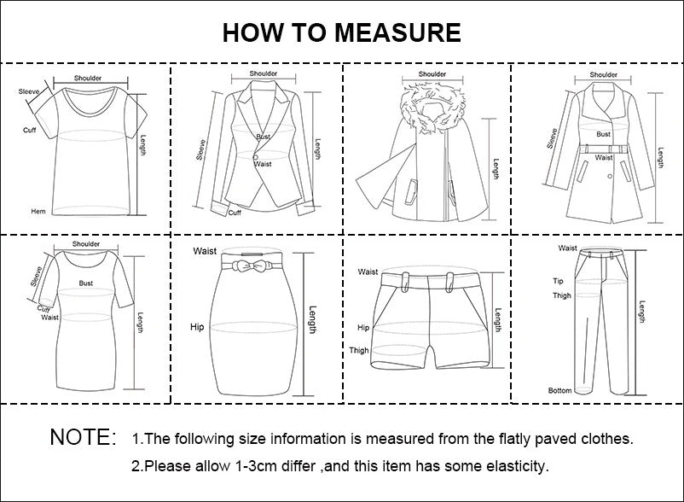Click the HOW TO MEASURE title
(x=341, y=32)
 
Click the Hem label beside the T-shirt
(x=38, y=211)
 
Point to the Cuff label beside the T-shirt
(x=29, y=130)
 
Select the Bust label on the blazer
(x=263, y=137)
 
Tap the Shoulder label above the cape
(x=432, y=74)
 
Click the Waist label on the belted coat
(x=604, y=158)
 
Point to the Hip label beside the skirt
(x=196, y=327)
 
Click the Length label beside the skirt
(x=312, y=320)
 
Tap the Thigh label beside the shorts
(x=359, y=351)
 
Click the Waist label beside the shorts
(x=368, y=271)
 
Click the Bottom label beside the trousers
(x=559, y=391)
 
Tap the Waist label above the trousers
(x=567, y=248)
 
